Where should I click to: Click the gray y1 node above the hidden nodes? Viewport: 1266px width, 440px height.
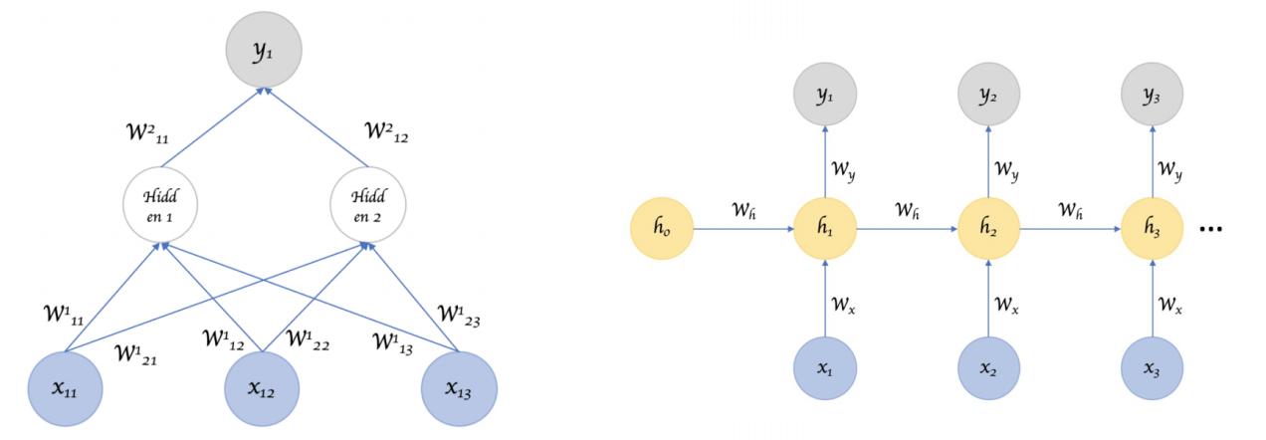tap(264, 52)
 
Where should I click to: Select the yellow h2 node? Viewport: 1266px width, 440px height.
tap(989, 229)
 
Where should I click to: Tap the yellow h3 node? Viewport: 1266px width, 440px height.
tap(1153, 229)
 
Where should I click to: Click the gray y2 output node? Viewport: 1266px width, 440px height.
tap(989, 96)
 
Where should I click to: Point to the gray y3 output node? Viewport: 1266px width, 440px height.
tap(1153, 96)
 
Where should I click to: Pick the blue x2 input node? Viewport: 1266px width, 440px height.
tap(989, 369)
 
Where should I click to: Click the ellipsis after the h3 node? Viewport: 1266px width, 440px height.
tap(1210, 230)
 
